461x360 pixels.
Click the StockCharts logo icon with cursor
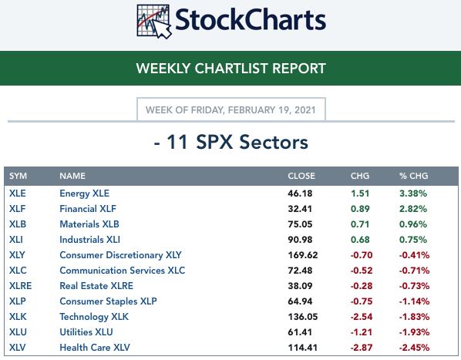coord(153,22)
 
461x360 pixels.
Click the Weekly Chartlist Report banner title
coord(230,68)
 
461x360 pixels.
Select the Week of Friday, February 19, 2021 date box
coord(231,109)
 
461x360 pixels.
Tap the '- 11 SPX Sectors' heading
coord(230,143)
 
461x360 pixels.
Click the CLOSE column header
coord(301,176)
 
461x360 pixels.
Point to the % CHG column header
coord(413,176)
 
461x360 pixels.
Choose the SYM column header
coord(18,176)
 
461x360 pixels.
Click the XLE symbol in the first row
coord(18,193)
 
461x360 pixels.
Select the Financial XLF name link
coord(88,209)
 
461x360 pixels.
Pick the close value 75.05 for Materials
coord(300,224)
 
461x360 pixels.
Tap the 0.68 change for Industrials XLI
coord(360,240)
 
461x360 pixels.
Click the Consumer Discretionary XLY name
coord(120,255)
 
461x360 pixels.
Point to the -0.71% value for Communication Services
coord(414,271)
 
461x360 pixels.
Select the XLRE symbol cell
coord(20,286)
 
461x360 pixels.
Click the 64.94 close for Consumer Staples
coord(300,301)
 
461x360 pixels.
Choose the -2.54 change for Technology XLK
coord(362,317)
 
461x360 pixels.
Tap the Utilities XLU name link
coord(86,332)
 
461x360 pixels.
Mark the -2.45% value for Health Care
coord(414,348)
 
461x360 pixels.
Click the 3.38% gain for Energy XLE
coord(413,193)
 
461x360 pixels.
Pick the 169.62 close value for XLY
coord(303,255)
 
